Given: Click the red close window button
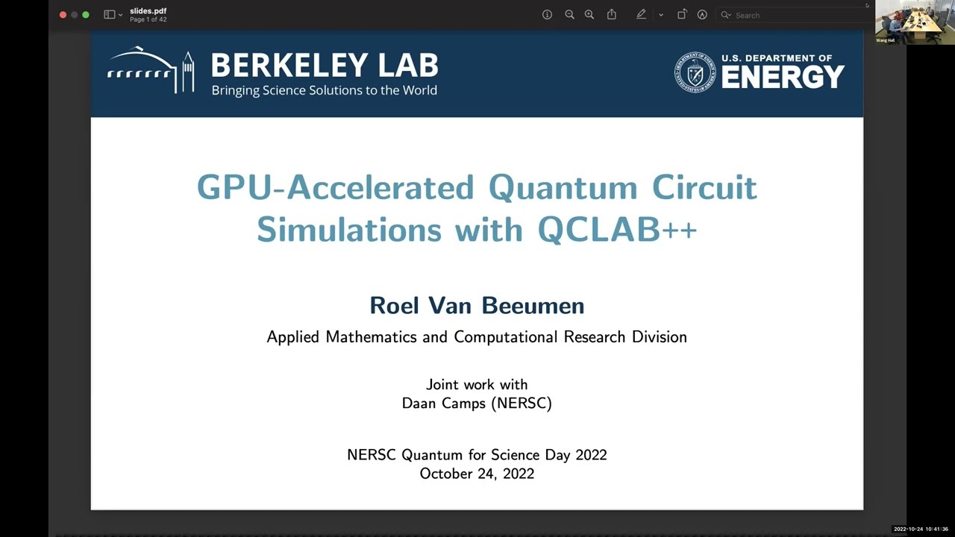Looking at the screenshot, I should click(63, 15).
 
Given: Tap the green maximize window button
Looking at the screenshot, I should click(86, 15).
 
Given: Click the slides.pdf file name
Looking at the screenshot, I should click(148, 11).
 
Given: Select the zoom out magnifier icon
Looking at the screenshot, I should click(569, 15).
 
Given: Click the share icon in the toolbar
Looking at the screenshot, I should click(612, 15).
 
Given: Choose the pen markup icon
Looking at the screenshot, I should click(641, 15).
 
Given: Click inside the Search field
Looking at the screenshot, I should click(791, 15).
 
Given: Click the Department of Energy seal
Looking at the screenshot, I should click(695, 72).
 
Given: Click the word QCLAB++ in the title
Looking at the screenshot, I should click(617, 230).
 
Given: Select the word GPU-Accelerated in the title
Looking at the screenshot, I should click(335, 187).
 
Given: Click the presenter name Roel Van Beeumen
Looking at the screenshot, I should click(477, 305).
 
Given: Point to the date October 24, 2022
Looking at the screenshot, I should click(477, 474).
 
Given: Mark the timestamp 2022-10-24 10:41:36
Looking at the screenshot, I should click(921, 529).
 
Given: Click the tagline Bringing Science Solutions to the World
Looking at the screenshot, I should click(324, 90).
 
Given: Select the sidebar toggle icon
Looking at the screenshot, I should click(110, 15).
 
